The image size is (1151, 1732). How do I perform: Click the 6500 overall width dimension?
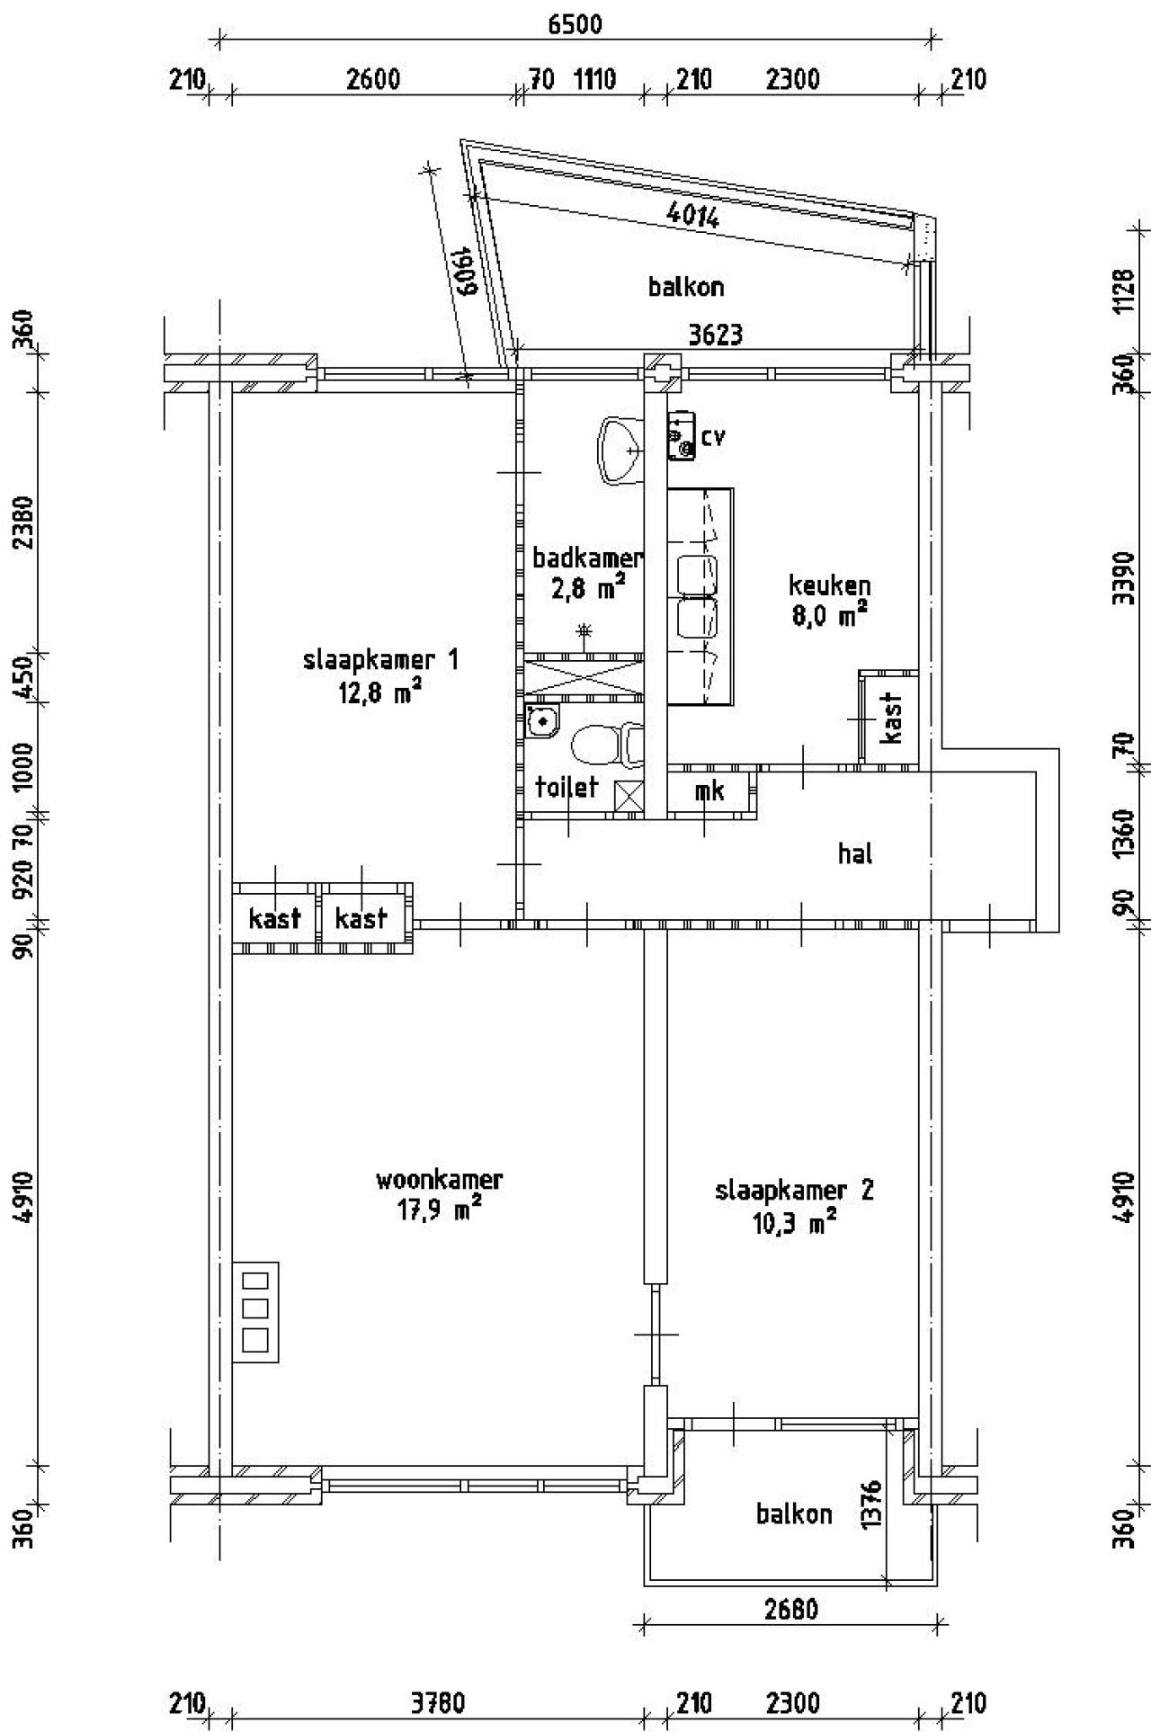coord(575,24)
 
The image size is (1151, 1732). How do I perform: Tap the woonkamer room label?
coord(439,1179)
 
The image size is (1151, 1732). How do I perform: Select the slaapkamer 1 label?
coord(381,661)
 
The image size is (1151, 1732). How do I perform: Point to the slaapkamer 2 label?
coord(794,1191)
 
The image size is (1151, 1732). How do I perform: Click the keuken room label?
coord(829,585)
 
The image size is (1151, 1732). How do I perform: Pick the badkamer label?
coord(588,558)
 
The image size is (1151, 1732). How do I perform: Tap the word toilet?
coord(567,788)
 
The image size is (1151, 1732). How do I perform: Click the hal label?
coord(855,853)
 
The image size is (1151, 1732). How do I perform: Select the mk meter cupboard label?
coord(709,791)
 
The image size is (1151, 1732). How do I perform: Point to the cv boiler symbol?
coord(680,438)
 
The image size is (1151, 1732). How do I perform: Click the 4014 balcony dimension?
coord(693,215)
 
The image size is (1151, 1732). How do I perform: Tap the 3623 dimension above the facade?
coord(716,335)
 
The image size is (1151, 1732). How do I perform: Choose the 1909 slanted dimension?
coord(463,272)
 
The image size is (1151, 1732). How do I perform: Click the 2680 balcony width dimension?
coord(791,1608)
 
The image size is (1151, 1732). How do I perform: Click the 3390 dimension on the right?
coord(1124,578)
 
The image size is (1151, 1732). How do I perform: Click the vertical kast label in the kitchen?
coord(892,718)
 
